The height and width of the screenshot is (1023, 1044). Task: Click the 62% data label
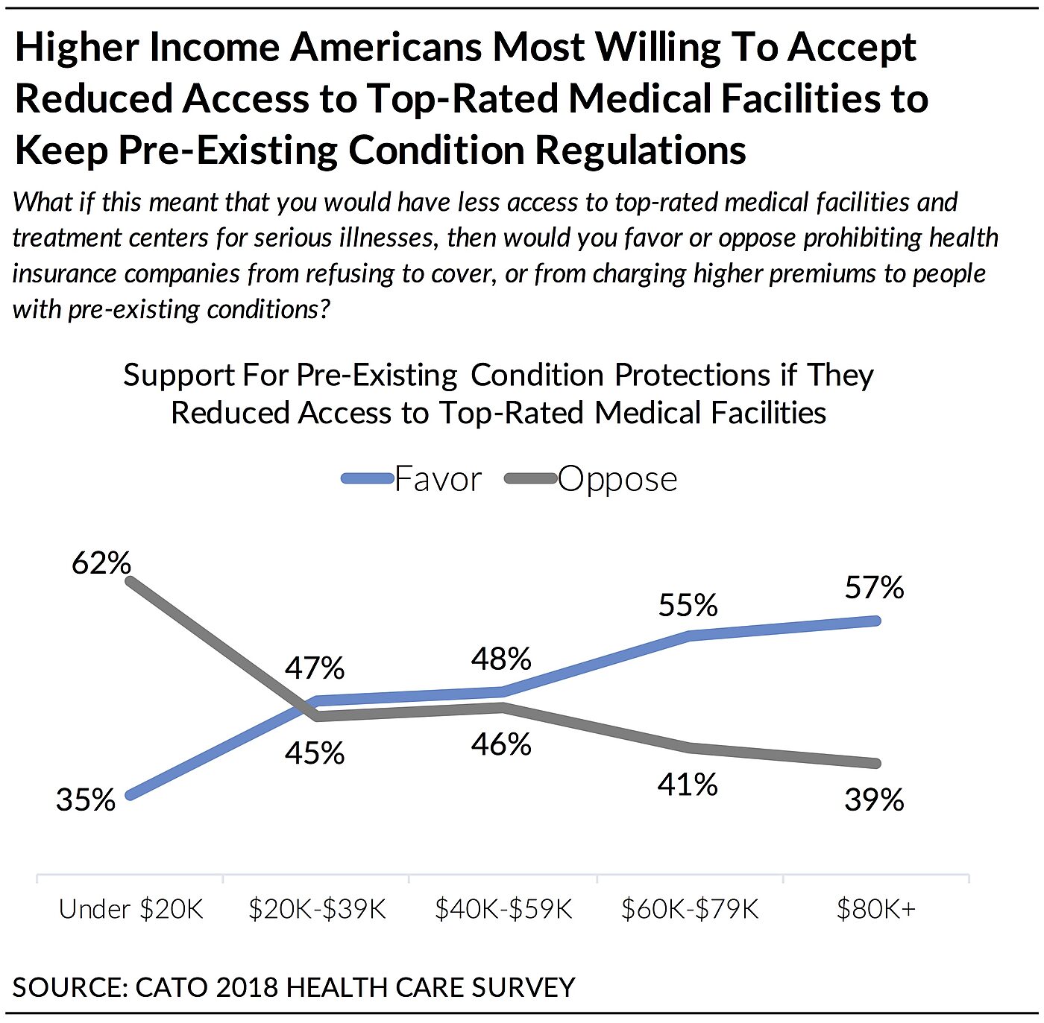pyautogui.click(x=101, y=563)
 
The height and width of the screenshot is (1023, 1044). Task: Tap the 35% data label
pyautogui.click(x=86, y=799)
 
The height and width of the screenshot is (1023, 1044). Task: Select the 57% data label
pyautogui.click(x=874, y=588)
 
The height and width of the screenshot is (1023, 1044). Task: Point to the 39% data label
pyautogui.click(x=874, y=799)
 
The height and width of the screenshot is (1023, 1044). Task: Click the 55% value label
pyautogui.click(x=688, y=604)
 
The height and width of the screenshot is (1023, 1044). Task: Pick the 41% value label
pyautogui.click(x=688, y=784)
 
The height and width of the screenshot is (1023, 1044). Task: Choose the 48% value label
pyautogui.click(x=501, y=659)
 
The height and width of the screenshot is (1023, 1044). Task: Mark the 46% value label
pyautogui.click(x=501, y=744)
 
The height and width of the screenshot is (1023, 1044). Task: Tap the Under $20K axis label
pyautogui.click(x=130, y=909)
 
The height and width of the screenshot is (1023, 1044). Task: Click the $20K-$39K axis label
pyautogui.click(x=317, y=909)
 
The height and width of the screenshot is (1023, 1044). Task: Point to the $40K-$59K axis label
pyautogui.click(x=503, y=909)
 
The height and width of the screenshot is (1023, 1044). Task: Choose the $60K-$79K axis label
pyautogui.click(x=690, y=909)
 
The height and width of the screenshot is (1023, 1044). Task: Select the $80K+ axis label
pyautogui.click(x=875, y=909)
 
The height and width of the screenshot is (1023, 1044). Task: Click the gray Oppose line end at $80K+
pyautogui.click(x=876, y=764)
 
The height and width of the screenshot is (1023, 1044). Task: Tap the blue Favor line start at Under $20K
pyautogui.click(x=130, y=795)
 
